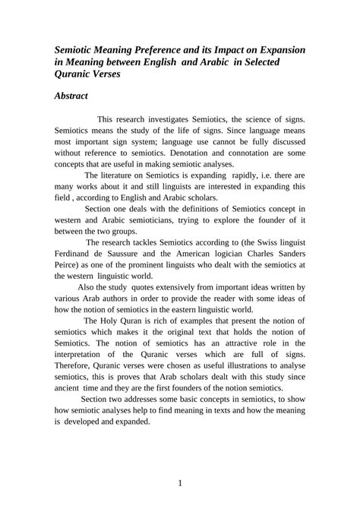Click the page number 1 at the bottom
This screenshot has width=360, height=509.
pyautogui.click(x=180, y=484)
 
